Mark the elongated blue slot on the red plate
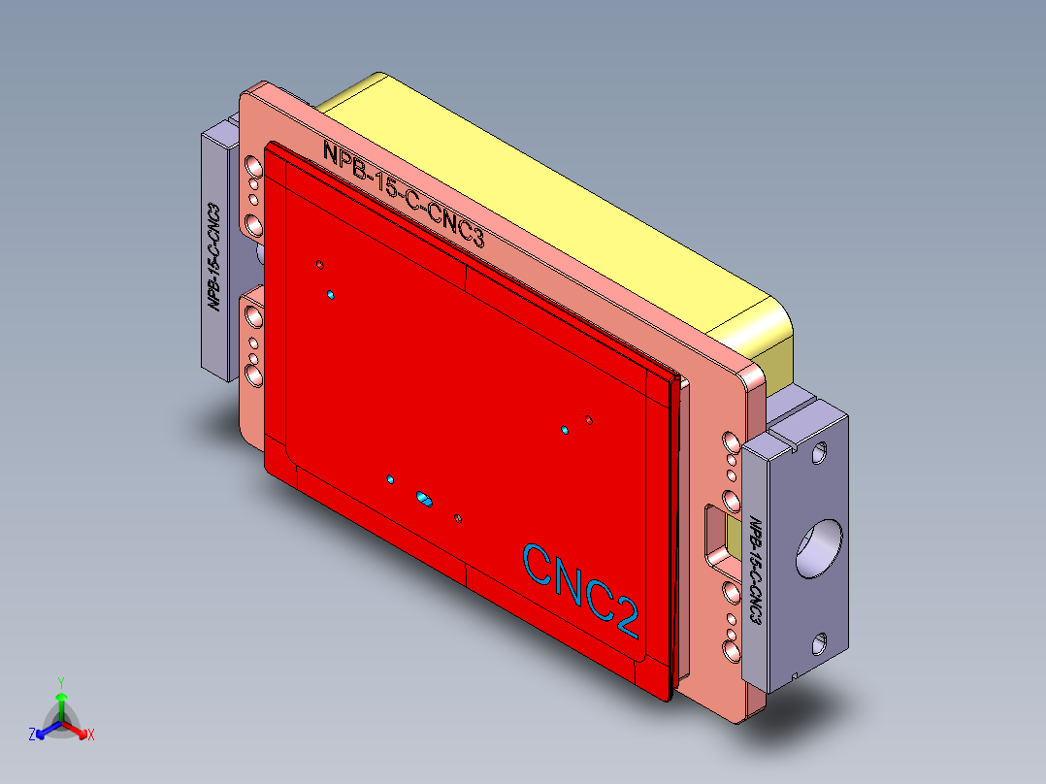pyautogui.click(x=423, y=498)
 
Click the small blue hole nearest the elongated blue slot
pyautogui.click(x=390, y=480)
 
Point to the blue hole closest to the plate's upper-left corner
pyautogui.click(x=331, y=294)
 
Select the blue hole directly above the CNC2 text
pyautogui.click(x=564, y=429)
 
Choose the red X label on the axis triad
pyautogui.click(x=91, y=735)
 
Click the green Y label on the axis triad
pyautogui.click(x=61, y=682)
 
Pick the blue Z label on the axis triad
pyautogui.click(x=32, y=735)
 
